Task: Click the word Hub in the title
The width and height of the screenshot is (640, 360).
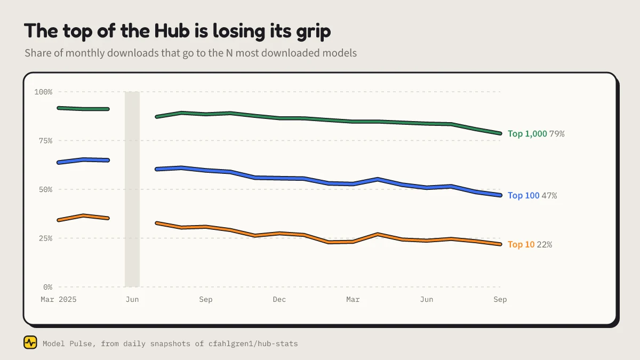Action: pos(172,30)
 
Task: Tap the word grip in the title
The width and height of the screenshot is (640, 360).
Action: pos(314,32)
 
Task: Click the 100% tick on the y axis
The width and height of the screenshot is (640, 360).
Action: pos(43,92)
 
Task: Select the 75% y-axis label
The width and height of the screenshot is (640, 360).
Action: pos(45,141)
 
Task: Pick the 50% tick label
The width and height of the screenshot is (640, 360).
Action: pos(45,189)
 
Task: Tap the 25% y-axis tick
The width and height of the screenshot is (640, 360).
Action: pos(45,238)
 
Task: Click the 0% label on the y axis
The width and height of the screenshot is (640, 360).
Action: pos(47,287)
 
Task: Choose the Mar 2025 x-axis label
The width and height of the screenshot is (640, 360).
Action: pos(59,299)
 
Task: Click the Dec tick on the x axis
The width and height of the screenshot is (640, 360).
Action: pos(279,299)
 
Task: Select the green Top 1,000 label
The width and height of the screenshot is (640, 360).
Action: pos(527,134)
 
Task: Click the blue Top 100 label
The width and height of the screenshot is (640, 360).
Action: pos(523,195)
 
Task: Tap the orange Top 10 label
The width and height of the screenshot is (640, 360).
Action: pos(521,245)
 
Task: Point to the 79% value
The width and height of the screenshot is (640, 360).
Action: pos(557,134)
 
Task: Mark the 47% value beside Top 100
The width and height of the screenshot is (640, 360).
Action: pos(549,195)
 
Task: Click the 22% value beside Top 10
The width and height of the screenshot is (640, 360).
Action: pos(545,245)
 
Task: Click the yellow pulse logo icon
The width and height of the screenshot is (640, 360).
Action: pos(30,342)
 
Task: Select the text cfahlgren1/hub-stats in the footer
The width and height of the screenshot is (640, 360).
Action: pos(253,343)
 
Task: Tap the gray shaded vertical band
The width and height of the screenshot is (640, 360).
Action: pos(132,189)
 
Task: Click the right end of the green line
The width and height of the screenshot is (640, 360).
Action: pos(500,133)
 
